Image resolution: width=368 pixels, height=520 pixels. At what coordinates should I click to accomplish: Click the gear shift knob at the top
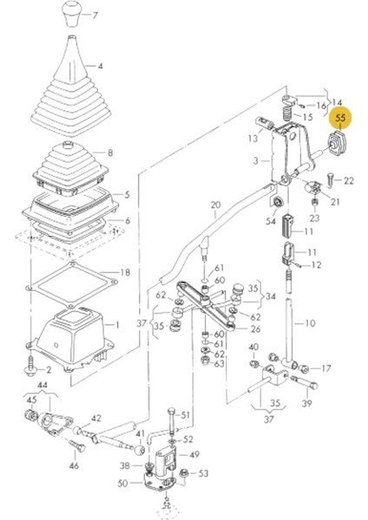[72, 14]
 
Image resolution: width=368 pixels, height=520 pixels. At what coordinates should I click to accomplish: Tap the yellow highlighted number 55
[341, 118]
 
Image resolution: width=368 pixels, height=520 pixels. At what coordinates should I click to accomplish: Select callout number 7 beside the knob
[95, 16]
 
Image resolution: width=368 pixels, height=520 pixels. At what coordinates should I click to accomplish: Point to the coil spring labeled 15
[287, 113]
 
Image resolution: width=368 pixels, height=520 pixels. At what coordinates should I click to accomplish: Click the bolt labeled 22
[330, 180]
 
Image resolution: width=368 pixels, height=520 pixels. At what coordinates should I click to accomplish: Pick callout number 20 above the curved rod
[215, 205]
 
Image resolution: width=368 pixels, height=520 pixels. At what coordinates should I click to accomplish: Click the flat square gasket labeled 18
[72, 284]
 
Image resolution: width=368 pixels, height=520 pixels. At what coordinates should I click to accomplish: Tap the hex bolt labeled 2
[31, 367]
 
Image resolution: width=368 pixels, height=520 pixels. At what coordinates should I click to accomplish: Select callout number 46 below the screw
[74, 465]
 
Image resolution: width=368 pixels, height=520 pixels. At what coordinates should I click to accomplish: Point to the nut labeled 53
[183, 473]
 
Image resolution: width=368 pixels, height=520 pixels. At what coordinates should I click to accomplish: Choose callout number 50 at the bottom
[122, 484]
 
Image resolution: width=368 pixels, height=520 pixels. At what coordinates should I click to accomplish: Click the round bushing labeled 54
[277, 202]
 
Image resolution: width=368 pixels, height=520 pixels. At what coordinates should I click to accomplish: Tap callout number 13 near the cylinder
[253, 138]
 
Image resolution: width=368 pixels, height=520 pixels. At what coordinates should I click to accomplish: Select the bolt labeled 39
[305, 382]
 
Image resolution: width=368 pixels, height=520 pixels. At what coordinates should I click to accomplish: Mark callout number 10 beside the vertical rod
[310, 322]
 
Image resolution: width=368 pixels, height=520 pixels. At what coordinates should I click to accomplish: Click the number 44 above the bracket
[43, 385]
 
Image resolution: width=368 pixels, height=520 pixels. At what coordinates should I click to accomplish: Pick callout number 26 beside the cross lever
[255, 329]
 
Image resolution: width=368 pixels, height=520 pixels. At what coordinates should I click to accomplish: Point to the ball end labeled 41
[139, 450]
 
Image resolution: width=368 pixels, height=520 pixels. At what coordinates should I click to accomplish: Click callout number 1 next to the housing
[116, 324]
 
